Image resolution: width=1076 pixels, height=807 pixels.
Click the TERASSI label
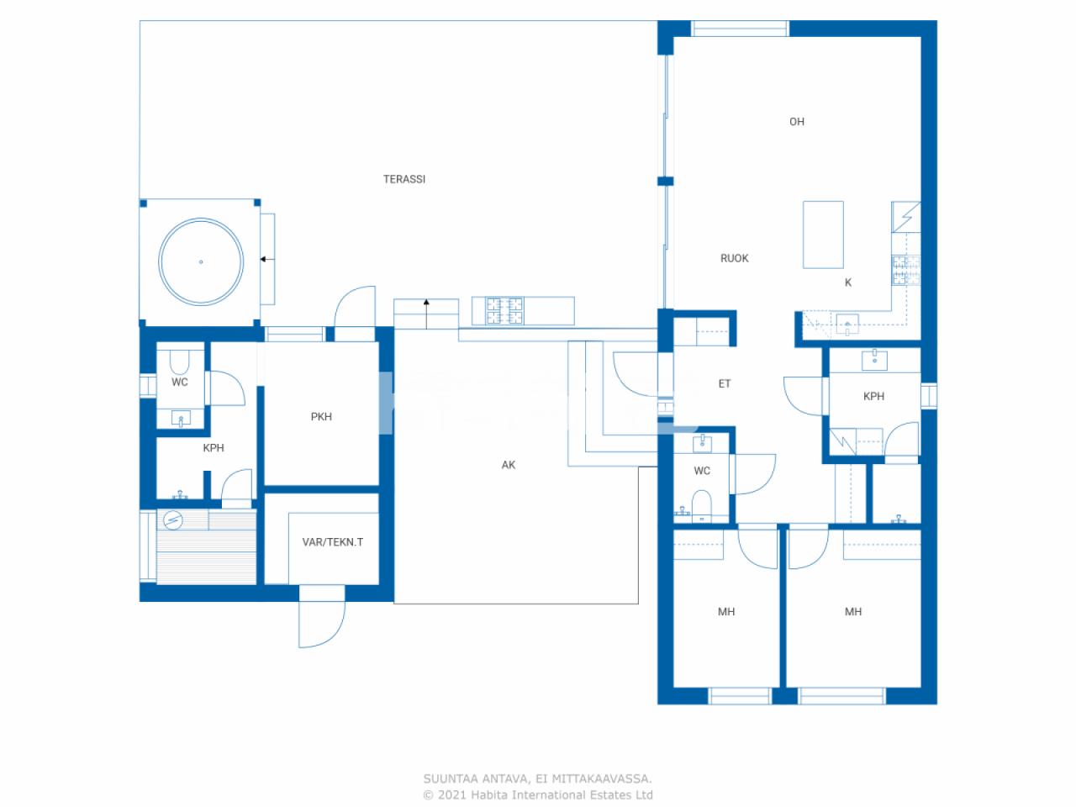coord(404,179)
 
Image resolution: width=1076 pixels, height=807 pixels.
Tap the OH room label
coord(797,122)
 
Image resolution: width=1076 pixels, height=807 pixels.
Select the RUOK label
coord(734,258)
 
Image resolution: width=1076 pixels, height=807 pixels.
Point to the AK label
coord(509,465)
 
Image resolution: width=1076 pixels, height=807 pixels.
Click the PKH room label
coord(321,416)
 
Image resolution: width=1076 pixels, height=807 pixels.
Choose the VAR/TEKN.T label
coord(333,542)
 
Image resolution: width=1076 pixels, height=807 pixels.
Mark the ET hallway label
coord(725,383)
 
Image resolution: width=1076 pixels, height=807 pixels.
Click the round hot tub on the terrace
coord(201,261)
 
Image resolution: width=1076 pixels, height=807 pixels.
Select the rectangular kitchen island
coord(823,235)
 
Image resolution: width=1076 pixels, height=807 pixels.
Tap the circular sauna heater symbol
coord(172,520)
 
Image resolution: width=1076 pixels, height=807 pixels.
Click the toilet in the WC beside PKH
coord(179,362)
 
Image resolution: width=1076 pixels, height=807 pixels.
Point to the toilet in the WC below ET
coord(702,504)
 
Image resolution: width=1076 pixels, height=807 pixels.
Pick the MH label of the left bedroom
coord(726,612)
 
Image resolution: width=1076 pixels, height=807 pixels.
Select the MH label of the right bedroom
coord(853,612)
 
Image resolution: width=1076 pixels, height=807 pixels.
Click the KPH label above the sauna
coord(214,448)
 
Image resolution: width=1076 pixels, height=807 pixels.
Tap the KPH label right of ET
coord(873,396)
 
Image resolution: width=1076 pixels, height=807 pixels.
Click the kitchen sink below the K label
coord(847,324)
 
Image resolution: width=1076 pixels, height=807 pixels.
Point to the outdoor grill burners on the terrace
coord(505,311)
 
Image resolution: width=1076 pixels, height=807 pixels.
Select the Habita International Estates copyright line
coord(538,795)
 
